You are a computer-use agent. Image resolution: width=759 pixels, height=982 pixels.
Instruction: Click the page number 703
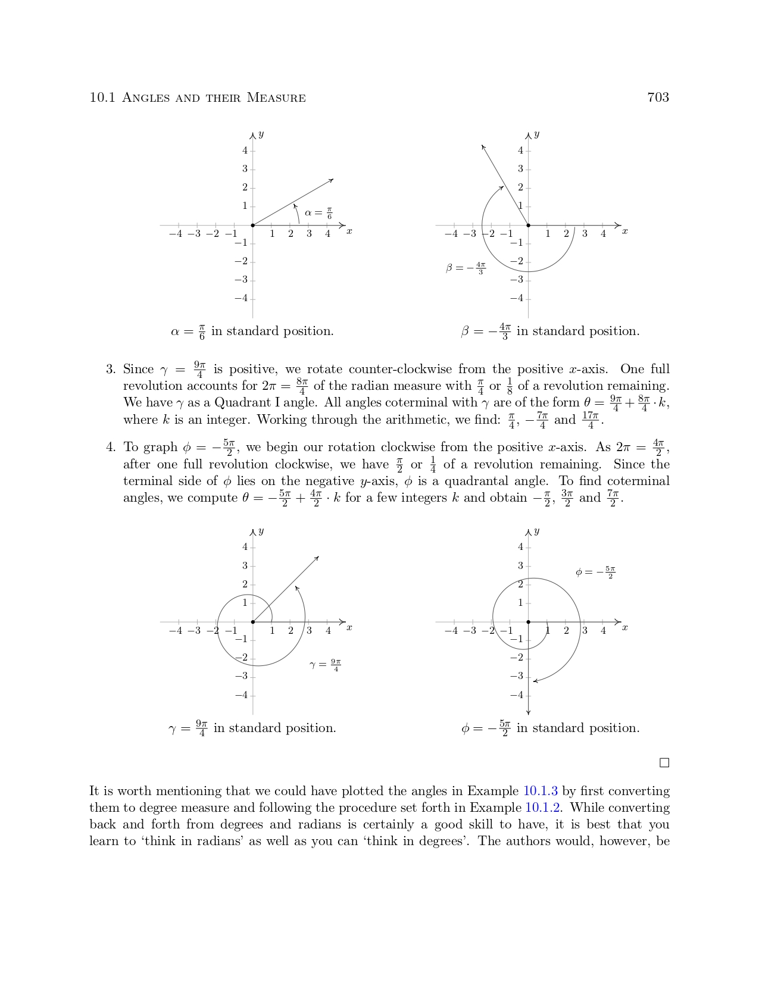658,98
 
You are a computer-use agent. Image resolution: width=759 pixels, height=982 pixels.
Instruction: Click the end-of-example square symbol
664,763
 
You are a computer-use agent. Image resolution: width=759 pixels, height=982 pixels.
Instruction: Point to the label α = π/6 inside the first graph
318,212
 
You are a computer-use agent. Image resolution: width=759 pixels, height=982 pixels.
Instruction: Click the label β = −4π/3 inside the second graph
466,268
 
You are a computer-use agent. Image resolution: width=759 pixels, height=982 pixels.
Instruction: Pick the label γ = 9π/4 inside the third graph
326,665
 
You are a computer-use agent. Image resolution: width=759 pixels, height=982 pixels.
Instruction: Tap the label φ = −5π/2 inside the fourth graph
595,573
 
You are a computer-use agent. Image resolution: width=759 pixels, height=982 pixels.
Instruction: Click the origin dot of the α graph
253,226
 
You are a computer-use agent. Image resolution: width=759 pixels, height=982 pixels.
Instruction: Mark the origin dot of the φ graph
529,622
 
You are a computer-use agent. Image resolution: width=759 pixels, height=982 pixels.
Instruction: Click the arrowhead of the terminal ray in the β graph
483,146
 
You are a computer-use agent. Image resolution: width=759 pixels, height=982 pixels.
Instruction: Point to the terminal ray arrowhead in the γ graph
317,558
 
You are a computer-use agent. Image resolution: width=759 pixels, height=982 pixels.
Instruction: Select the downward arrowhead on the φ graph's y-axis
529,712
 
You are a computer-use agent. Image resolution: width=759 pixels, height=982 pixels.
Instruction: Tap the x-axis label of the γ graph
349,627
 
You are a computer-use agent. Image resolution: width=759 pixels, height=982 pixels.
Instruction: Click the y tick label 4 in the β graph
520,151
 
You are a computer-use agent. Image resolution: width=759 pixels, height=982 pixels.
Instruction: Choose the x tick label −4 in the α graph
176,234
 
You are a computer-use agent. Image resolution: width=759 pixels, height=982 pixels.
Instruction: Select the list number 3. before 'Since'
111,370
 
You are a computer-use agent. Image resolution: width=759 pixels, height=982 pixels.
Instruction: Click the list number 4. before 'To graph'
111,448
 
